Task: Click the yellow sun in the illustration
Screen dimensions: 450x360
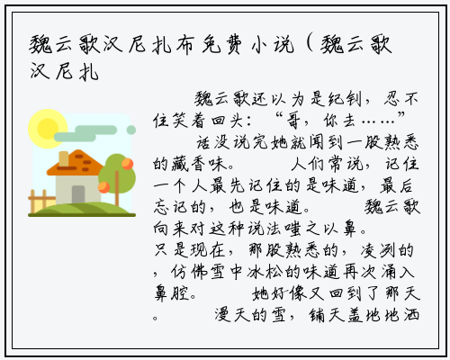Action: [48, 129]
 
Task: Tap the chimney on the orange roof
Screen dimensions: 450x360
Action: [64, 158]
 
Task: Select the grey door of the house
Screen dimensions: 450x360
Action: [78, 194]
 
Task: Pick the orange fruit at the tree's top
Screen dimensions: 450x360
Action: [128, 164]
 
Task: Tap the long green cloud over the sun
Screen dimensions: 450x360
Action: [85, 133]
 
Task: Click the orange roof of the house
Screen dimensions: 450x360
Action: [75, 163]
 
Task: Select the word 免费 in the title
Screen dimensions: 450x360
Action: [221, 45]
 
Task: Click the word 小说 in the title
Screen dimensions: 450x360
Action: [273, 45]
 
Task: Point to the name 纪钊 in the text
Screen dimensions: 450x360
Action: [345, 99]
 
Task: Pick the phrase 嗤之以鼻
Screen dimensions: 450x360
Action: [320, 229]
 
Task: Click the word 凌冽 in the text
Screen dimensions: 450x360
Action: [377, 251]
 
